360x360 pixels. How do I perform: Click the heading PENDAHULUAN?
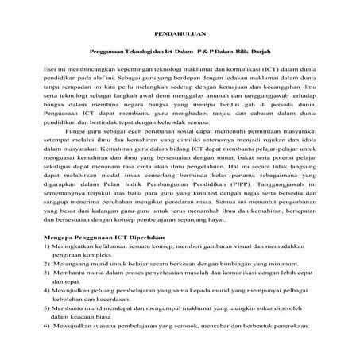pos(180,37)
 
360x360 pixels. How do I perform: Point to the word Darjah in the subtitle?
pos(269,53)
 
